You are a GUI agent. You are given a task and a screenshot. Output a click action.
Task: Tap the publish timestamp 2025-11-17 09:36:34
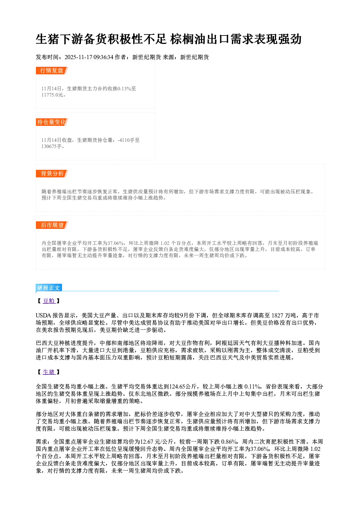click(x=89, y=57)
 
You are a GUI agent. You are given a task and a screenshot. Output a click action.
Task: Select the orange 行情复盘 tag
click(x=52, y=70)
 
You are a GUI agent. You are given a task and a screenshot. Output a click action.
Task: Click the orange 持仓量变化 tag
click(x=52, y=122)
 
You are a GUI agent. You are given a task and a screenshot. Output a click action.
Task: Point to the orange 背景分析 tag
click(x=52, y=174)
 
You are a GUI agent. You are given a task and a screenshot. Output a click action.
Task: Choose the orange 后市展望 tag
click(x=52, y=225)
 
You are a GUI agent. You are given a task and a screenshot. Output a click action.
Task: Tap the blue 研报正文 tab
click(x=49, y=288)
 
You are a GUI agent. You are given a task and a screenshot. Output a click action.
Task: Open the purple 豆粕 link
click(x=49, y=301)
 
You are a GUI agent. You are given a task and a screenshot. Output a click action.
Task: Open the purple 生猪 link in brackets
click(x=49, y=372)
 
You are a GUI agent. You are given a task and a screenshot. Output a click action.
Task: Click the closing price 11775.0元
click(x=52, y=95)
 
